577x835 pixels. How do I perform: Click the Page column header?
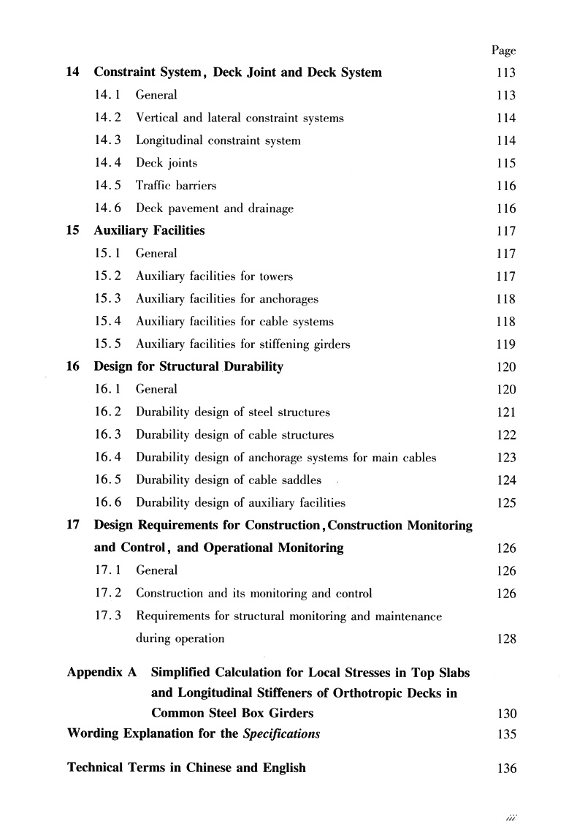pos(503,50)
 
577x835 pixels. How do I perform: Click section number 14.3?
pos(109,140)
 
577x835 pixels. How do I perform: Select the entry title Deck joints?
pos(167,163)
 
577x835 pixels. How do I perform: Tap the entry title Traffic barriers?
pos(176,186)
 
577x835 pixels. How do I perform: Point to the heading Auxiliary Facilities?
pos(149,231)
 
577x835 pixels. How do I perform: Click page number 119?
pos(505,344)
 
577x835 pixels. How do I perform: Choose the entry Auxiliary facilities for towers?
pos(214,276)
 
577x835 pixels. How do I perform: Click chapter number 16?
pos(72,367)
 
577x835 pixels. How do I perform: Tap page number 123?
pos(505,458)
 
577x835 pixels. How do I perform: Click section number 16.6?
pos(109,503)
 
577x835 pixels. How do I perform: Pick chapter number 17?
pos(72,526)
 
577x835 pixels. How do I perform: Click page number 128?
pos(505,639)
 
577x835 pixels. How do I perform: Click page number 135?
pos(505,734)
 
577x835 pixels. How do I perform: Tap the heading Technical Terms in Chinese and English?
pos(186,768)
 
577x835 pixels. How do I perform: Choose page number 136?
pos(505,769)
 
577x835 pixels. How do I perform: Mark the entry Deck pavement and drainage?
pos(215,208)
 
